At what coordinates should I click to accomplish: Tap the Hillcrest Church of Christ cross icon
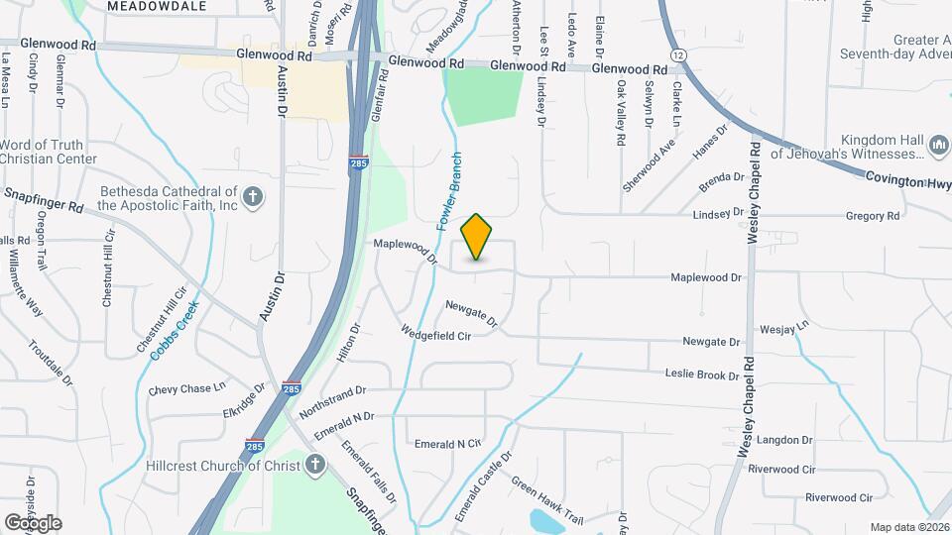[315, 464]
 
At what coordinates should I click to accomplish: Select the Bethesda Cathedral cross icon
[253, 196]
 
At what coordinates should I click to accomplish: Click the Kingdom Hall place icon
[938, 148]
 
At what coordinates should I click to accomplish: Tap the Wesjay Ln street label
[784, 326]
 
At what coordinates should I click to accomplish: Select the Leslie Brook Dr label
[702, 375]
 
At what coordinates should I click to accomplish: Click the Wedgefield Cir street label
[434, 335]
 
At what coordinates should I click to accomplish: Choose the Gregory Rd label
[873, 215]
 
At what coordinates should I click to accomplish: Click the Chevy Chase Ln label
[187, 389]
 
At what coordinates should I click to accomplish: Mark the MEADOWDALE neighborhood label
[157, 6]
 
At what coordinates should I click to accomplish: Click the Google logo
[33, 522]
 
